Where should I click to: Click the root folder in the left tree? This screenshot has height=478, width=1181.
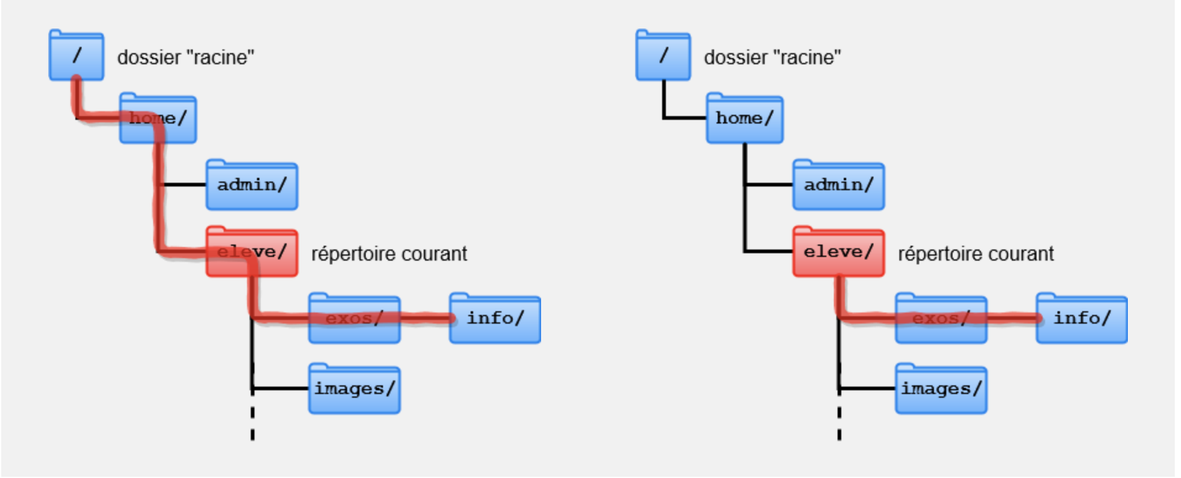[76, 56]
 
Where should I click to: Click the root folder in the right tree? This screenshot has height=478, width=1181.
[663, 56]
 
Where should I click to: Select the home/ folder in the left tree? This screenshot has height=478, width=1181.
[158, 119]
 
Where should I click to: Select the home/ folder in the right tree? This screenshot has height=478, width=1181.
[745, 119]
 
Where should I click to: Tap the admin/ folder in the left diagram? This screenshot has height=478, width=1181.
[251, 186]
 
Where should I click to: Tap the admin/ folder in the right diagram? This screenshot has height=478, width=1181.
[838, 186]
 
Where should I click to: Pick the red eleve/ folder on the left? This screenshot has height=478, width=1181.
[251, 253]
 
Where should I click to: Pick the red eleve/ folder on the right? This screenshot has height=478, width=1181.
[838, 253]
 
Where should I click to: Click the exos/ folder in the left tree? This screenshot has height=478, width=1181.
[354, 319]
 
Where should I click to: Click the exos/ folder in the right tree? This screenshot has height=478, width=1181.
[941, 319]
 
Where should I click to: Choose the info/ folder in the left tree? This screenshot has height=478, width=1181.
[495, 319]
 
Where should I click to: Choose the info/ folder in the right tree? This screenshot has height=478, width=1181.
[1082, 319]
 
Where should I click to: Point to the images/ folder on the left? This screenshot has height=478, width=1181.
[354, 390]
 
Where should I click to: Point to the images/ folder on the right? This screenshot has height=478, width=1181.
[941, 390]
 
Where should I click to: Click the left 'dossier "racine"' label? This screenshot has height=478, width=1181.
[185, 57]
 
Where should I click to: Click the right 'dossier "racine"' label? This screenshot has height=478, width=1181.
[772, 57]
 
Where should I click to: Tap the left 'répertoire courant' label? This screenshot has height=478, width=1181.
[389, 254]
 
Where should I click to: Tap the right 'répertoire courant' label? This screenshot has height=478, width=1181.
[976, 254]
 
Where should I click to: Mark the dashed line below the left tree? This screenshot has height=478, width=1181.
[253, 423]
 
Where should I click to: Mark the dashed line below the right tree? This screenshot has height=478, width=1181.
[839, 423]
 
